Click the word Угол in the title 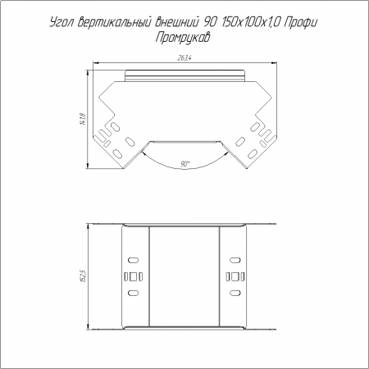pos(61,23)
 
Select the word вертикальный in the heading pos(114,22)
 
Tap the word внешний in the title pos(176,22)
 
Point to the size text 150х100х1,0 pos(250,22)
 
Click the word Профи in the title pos(300,23)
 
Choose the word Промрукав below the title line pos(183,38)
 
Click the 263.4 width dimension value pos(184,58)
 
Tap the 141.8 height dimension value pos(84,120)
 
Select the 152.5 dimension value pos(84,276)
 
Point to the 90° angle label pos(185,164)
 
